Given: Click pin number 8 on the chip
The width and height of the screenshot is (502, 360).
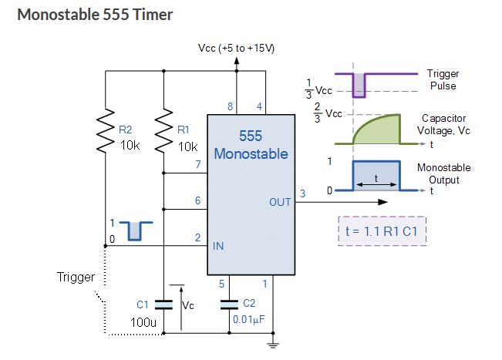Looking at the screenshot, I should (230, 106).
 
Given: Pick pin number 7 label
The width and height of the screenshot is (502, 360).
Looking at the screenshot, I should (197, 165).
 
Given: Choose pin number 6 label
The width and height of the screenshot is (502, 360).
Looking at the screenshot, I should (197, 200).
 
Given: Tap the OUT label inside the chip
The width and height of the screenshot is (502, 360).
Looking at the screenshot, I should (279, 202).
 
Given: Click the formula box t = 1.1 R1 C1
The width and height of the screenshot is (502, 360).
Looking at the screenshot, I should (382, 230).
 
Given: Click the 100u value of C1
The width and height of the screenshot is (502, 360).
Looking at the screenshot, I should (144, 321).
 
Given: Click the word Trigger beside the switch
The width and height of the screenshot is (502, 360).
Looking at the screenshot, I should (76, 277).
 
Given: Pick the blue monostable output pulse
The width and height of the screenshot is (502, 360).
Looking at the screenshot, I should (376, 177).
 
